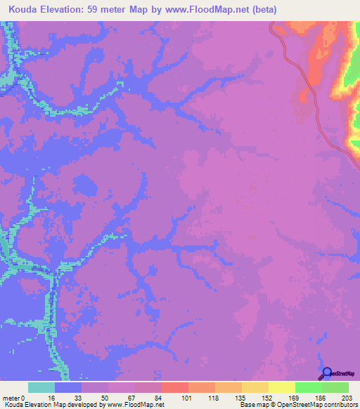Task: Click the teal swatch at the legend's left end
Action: (x=41, y=387)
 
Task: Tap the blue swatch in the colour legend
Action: (x=68, y=387)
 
